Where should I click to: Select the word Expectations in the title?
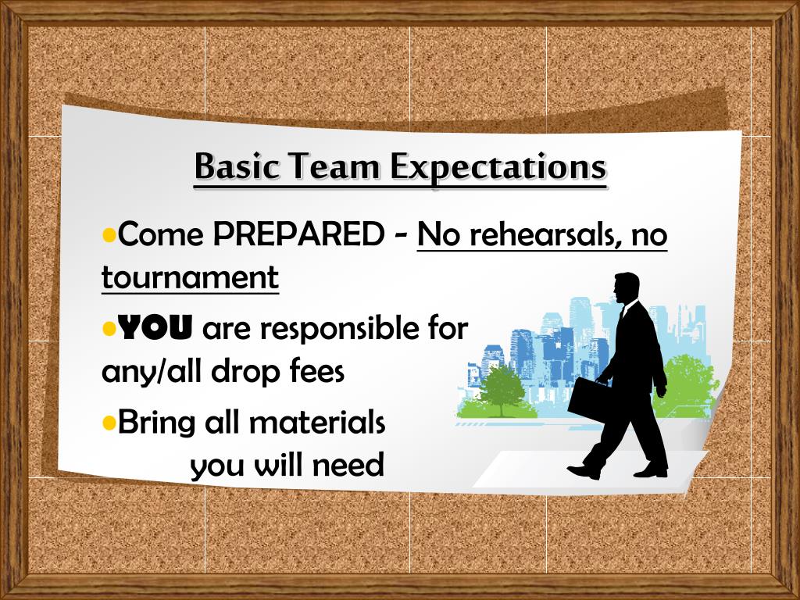click(498, 167)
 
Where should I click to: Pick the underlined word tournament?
click(190, 277)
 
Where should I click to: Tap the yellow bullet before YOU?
click(109, 329)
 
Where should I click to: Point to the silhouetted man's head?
click(627, 287)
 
